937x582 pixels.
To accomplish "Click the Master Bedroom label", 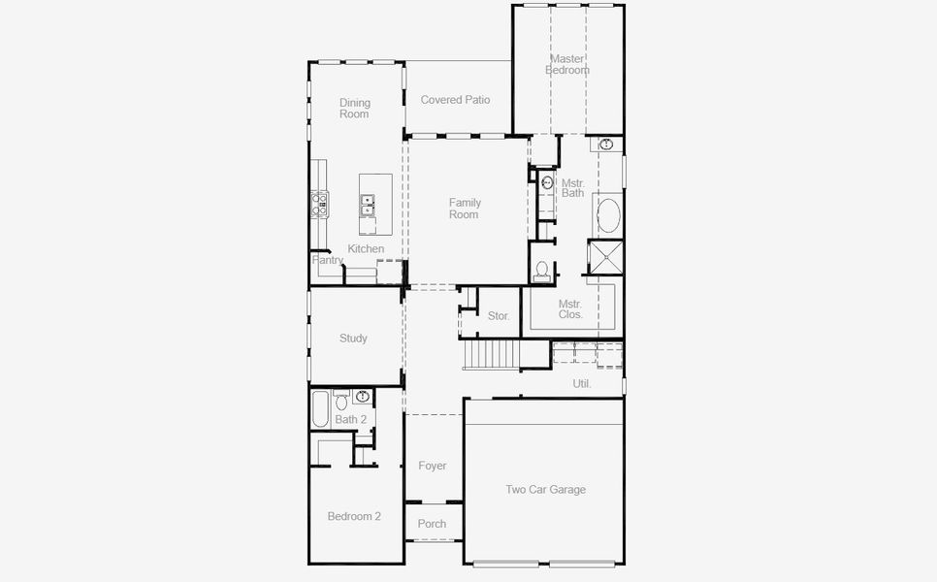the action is tap(567, 65).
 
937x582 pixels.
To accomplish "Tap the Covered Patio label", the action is tap(455, 100).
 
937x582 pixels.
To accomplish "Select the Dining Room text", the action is tap(354, 108).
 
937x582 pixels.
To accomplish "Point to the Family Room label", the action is tap(465, 209).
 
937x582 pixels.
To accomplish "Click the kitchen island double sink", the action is tap(367, 205).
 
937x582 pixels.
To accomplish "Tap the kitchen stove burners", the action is tap(319, 204).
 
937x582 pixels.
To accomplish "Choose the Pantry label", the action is tap(328, 260).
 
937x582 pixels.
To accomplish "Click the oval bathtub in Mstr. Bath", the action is tap(608, 215).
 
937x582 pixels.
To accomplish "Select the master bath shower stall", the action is tap(605, 257).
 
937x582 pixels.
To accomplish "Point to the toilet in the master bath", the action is tap(542, 271).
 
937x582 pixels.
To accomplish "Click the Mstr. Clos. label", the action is tap(570, 309).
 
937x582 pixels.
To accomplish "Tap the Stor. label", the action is tap(499, 316).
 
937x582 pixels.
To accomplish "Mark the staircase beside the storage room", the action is tap(491, 354).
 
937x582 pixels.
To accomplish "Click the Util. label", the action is tap(582, 383).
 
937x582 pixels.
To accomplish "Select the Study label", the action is tap(353, 339).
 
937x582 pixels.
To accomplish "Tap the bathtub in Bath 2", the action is tap(320, 408).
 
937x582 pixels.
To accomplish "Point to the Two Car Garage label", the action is tap(545, 490).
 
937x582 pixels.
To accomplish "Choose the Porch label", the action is tap(432, 524).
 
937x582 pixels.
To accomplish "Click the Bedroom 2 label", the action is tap(354, 516).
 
